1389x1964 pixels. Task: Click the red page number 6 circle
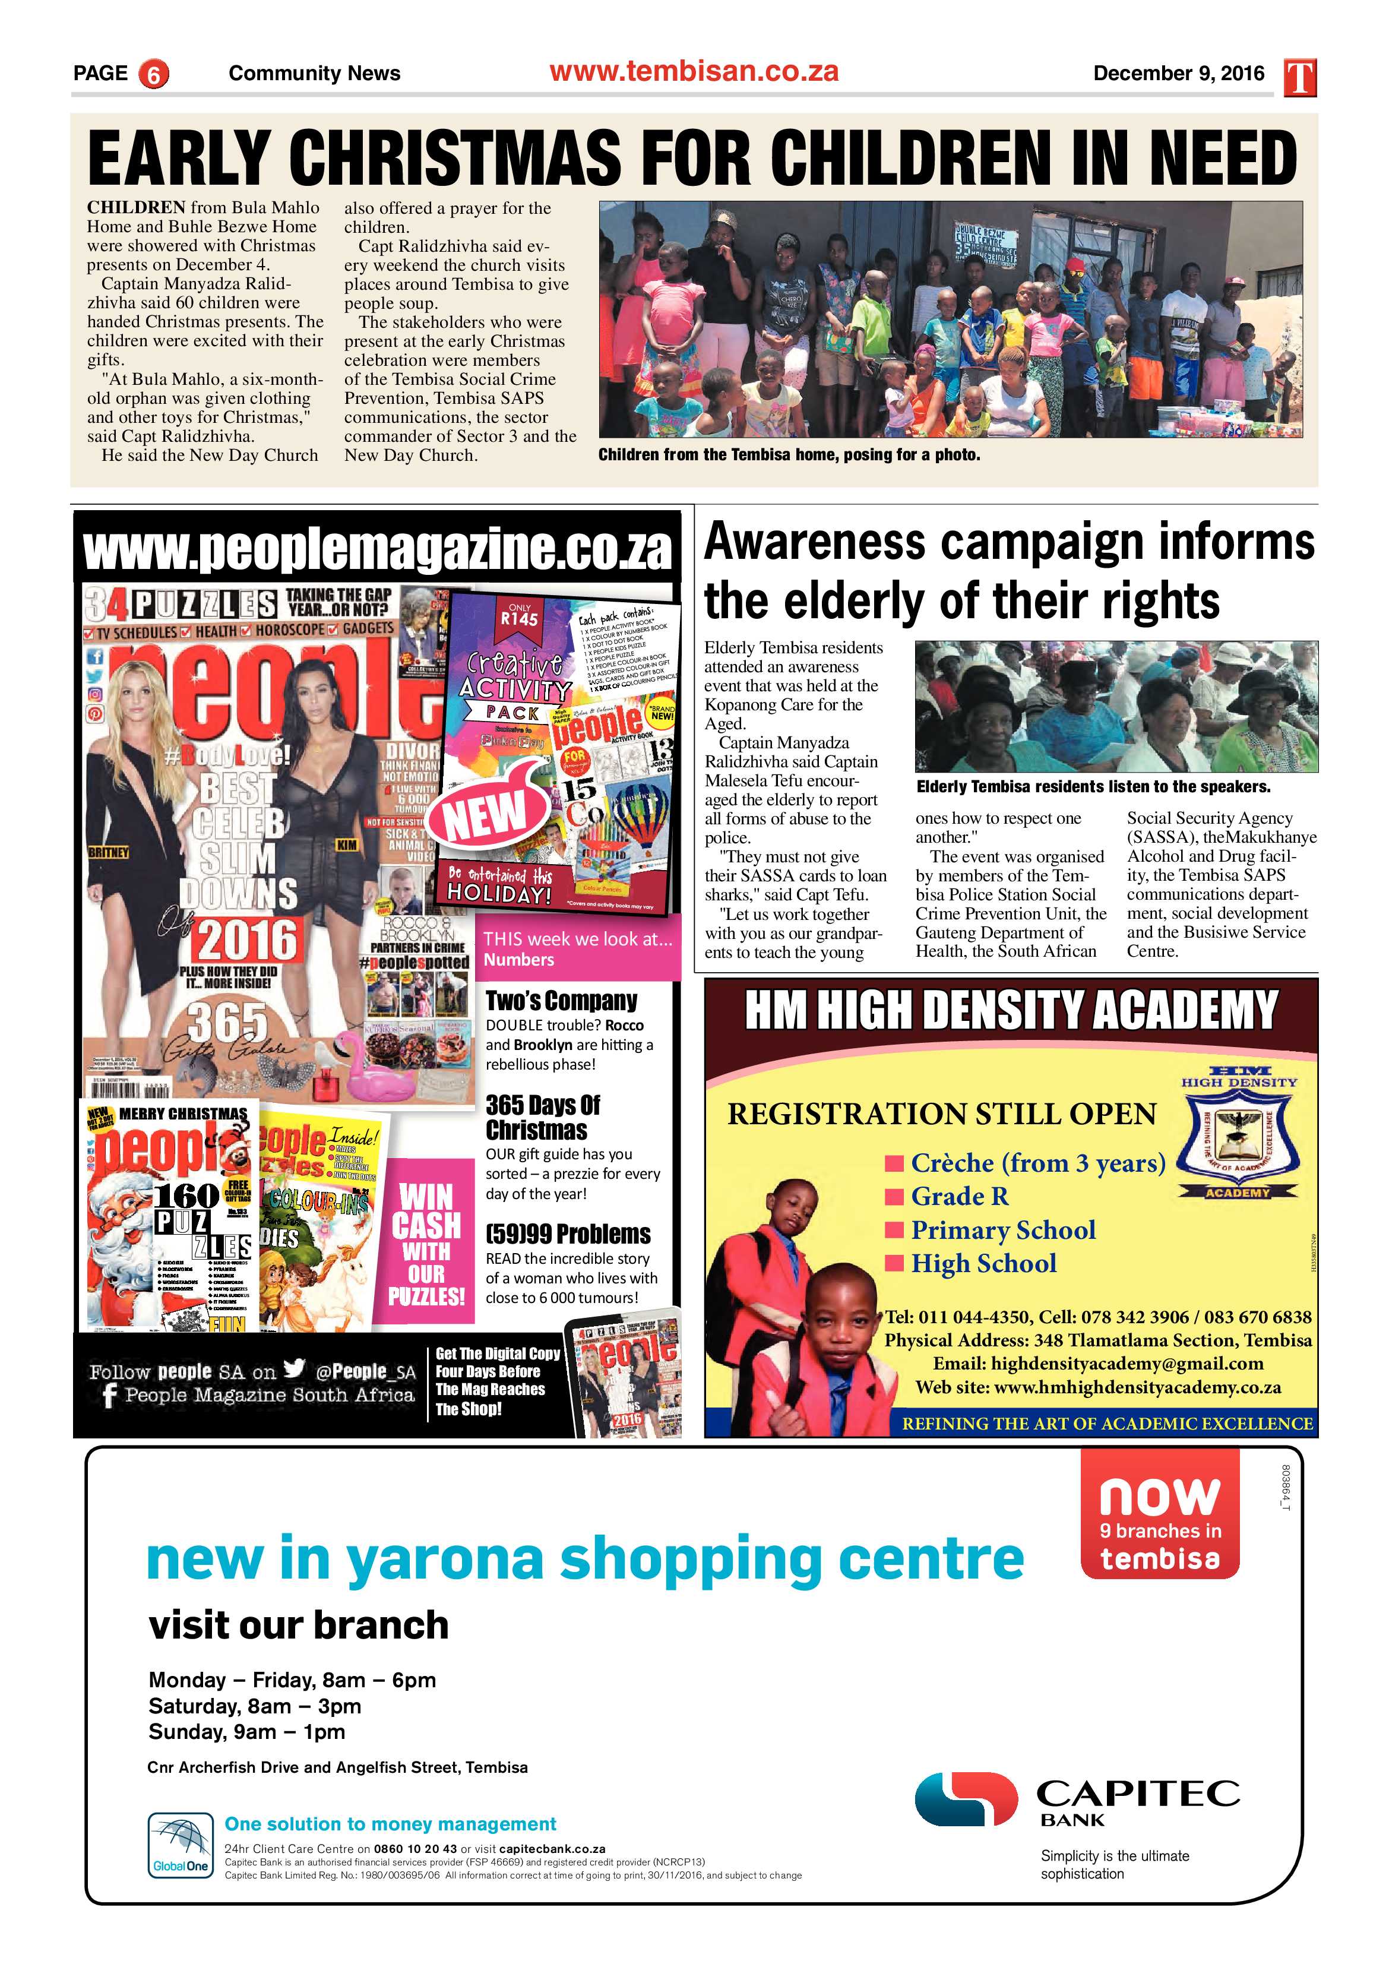(x=153, y=74)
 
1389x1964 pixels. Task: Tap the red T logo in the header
(x=1299, y=77)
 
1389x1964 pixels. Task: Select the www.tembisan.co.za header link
(x=694, y=72)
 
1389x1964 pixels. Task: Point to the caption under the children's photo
(x=789, y=455)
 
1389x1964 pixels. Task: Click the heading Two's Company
(x=561, y=1001)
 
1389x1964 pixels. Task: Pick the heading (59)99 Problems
(x=568, y=1234)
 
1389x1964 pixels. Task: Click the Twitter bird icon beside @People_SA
(x=294, y=1369)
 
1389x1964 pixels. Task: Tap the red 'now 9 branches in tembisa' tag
(x=1160, y=1513)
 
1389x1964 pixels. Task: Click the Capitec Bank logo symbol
(x=965, y=1799)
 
